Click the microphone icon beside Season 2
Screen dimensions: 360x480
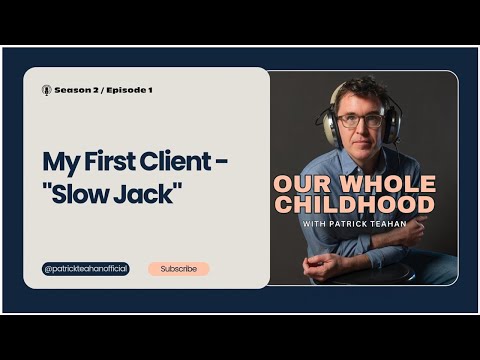click(x=46, y=90)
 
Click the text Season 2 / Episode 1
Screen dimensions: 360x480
click(x=103, y=90)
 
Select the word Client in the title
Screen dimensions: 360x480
click(x=184, y=161)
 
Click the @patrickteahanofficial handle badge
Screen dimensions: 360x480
click(x=86, y=269)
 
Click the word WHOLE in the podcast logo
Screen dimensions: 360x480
click(x=385, y=185)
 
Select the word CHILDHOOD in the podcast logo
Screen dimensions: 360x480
click(x=354, y=206)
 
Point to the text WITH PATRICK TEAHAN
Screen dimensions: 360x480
click(x=354, y=224)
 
